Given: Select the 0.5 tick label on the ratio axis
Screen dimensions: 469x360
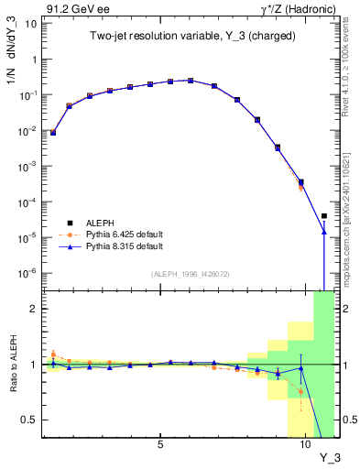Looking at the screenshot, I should point(29,420).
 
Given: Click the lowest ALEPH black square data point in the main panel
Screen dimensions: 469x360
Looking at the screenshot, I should point(323,216).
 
